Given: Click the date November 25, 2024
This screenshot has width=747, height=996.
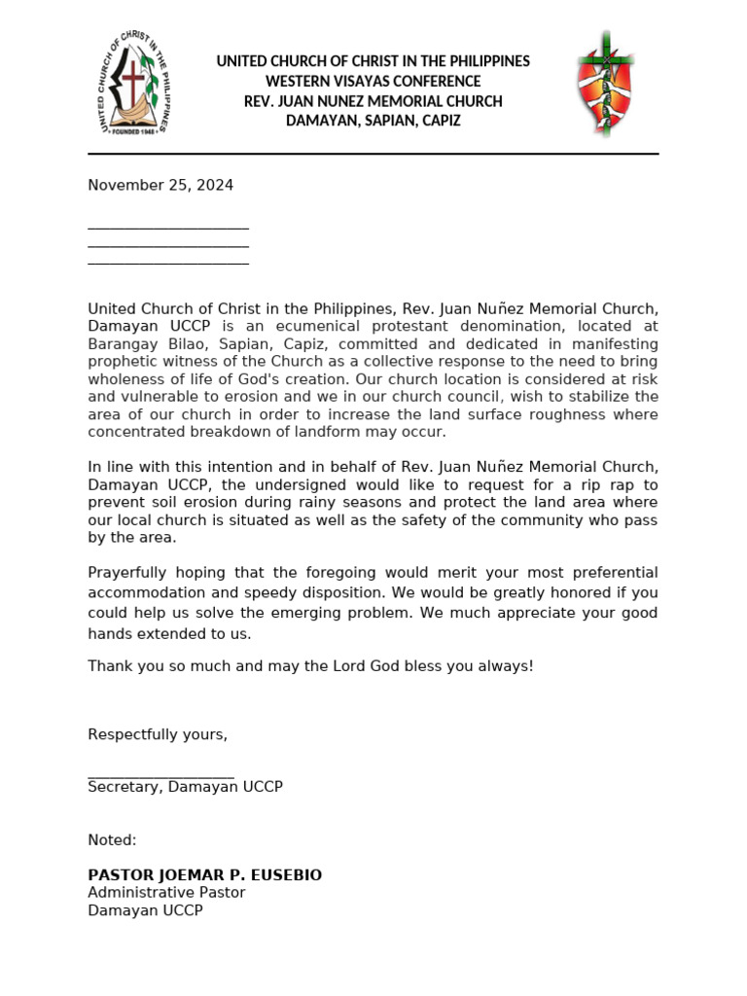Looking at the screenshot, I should click(x=160, y=185).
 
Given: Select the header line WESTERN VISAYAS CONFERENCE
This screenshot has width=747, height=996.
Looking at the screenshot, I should click(x=373, y=82).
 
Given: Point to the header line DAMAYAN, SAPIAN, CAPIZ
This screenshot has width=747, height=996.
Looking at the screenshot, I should click(x=373, y=121).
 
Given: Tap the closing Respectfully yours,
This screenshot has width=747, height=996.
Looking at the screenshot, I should click(x=158, y=734).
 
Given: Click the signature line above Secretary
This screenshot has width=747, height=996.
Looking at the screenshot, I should click(x=160, y=776).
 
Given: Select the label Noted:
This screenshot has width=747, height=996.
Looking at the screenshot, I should click(x=112, y=839).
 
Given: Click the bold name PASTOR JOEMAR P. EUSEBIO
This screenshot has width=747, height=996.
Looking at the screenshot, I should click(x=204, y=875).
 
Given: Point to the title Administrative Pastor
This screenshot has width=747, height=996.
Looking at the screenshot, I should click(x=166, y=893).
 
